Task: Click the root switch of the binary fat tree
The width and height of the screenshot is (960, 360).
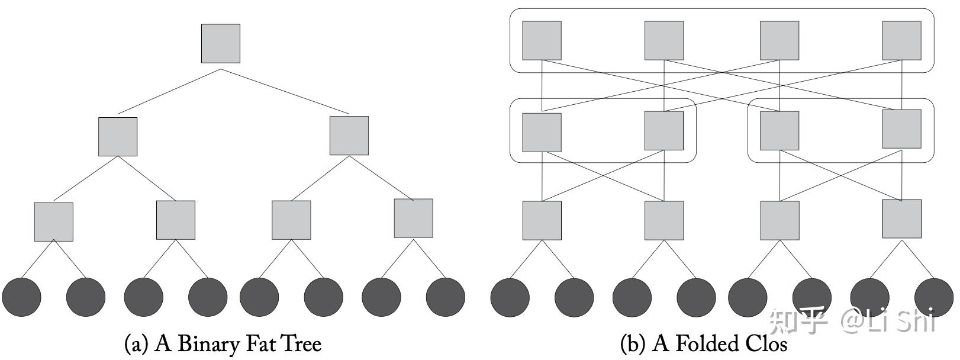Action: point(221,43)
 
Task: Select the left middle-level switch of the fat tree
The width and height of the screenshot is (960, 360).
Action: point(118,137)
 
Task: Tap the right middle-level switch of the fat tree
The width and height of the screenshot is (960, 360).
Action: point(349,136)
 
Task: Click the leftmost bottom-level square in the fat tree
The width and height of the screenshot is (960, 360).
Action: point(54,222)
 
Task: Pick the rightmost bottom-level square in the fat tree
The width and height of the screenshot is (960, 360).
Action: point(414,218)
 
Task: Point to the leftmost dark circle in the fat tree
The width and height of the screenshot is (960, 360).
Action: point(21,297)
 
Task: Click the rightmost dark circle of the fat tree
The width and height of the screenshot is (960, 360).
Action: point(446,297)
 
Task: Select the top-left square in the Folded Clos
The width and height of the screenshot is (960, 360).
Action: point(542,41)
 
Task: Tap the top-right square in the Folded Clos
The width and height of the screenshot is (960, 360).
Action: point(902,41)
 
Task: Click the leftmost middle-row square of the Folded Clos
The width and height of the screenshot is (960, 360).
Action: point(542,133)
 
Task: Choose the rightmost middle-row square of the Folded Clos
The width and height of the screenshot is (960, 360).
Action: point(902,129)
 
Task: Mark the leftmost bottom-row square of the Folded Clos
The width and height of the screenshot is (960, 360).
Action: point(542,220)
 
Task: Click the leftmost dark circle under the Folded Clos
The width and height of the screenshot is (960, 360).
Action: point(510,297)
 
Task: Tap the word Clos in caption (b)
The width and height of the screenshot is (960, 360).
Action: point(766,343)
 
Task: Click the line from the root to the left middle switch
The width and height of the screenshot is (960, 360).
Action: point(169,91)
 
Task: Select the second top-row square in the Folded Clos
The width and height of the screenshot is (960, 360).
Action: point(664,41)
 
